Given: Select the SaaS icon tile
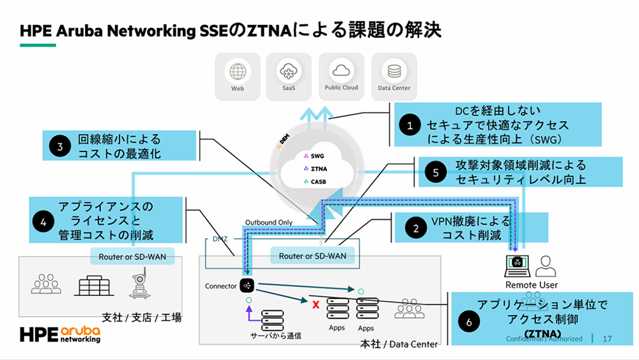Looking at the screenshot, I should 289,76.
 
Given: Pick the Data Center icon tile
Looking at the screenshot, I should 394,76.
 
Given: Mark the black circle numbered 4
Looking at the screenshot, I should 42,220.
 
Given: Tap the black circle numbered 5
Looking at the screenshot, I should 436,172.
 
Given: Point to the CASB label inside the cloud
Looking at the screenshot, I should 319,182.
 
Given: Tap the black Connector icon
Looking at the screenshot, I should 247,286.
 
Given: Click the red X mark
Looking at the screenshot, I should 315,305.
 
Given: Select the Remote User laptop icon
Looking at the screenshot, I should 517,263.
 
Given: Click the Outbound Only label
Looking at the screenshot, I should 269,223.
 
